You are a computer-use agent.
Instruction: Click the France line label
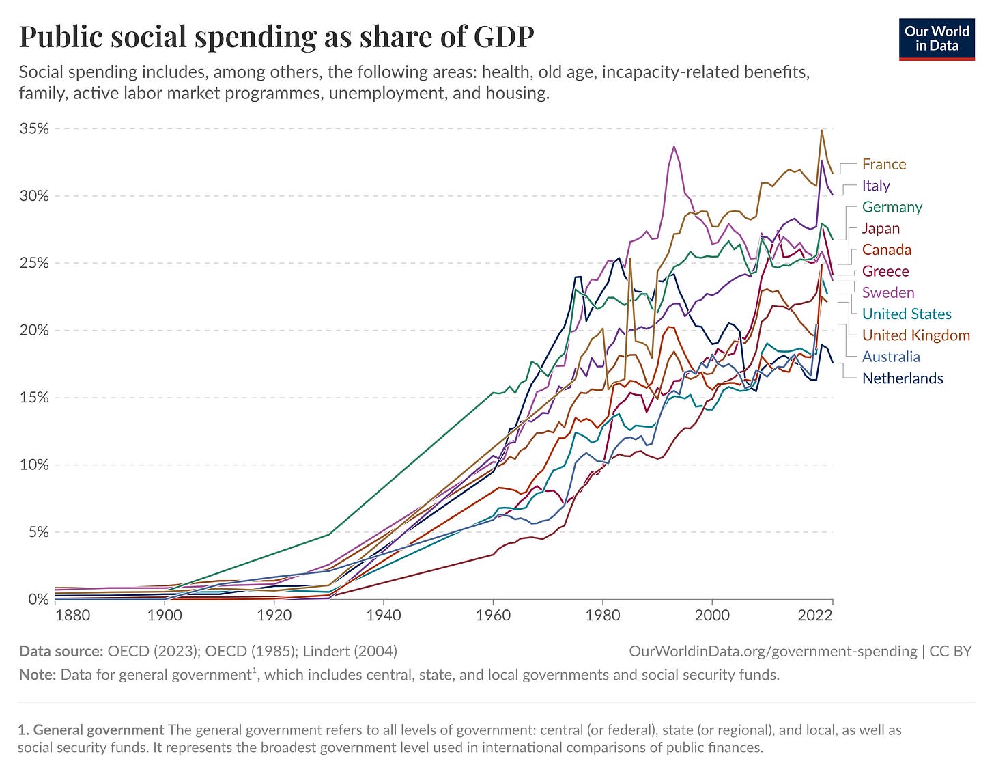(x=883, y=164)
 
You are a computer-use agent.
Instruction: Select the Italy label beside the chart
(x=876, y=186)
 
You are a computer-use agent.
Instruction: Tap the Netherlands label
(x=903, y=378)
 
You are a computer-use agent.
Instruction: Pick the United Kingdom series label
(x=915, y=335)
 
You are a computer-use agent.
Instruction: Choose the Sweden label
(x=887, y=292)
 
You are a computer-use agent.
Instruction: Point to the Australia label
(x=891, y=357)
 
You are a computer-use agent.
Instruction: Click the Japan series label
(x=881, y=228)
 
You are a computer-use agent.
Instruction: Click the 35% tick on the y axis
(x=34, y=128)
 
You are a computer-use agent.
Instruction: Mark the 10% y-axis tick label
(x=34, y=465)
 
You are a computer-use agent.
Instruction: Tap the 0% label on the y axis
(x=38, y=599)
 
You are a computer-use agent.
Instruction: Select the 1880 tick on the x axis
(x=72, y=616)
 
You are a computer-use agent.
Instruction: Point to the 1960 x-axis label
(x=493, y=616)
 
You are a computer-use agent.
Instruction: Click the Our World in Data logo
(x=937, y=39)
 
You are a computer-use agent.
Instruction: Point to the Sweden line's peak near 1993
(x=674, y=146)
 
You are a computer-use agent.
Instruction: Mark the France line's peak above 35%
(x=822, y=130)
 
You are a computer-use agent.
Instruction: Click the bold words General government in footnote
(x=98, y=730)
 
